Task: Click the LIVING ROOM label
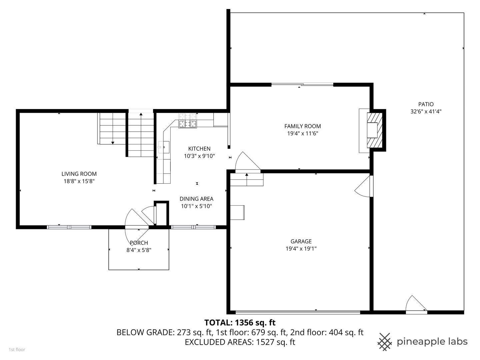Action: pyautogui.click(x=79, y=174)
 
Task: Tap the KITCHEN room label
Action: pyautogui.click(x=199, y=149)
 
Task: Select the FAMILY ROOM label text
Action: pyautogui.click(x=302, y=126)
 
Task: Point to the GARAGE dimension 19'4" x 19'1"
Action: pyautogui.click(x=301, y=248)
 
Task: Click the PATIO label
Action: pyautogui.click(x=426, y=104)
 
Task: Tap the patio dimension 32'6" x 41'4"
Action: pyautogui.click(x=426, y=112)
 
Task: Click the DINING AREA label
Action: pyautogui.click(x=196, y=199)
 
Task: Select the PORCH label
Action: pyautogui.click(x=139, y=243)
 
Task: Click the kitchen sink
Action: pyautogui.click(x=164, y=147)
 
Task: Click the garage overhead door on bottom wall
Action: pyautogui.click(x=298, y=312)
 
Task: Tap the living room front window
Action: pyautogui.click(x=69, y=227)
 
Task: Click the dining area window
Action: pyautogui.click(x=193, y=227)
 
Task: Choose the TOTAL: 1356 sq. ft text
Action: pyautogui.click(x=240, y=322)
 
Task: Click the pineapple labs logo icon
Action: pyautogui.click(x=385, y=342)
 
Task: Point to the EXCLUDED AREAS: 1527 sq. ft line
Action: pyautogui.click(x=240, y=342)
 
